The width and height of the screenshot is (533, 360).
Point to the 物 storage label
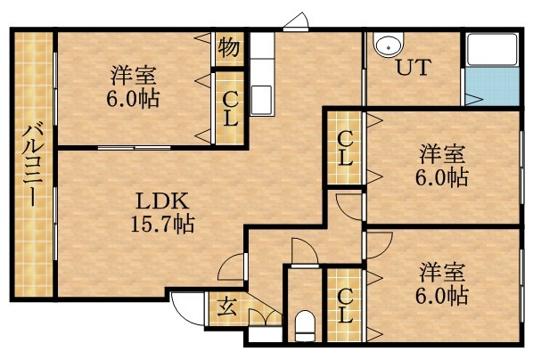(x=228, y=46)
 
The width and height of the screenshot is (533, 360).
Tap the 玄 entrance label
(x=223, y=308)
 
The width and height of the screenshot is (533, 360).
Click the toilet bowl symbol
(x=304, y=325)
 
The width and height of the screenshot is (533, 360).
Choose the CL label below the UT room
(x=345, y=149)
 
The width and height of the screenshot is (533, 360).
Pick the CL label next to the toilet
(x=345, y=306)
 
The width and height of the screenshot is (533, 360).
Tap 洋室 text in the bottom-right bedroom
(x=442, y=269)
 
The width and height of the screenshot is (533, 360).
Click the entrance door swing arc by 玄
(x=184, y=310)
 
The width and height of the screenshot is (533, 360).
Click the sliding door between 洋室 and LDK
(x=134, y=146)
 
